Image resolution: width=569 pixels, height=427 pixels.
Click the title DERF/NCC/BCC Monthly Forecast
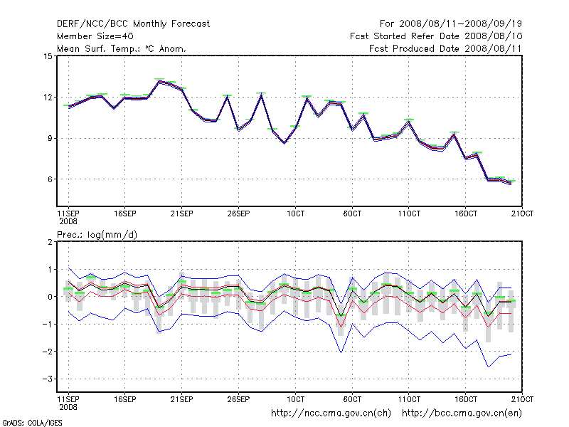pos(133,23)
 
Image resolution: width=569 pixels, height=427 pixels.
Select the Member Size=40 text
pos(95,36)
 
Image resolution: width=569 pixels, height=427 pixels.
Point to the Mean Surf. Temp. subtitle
pos(122,48)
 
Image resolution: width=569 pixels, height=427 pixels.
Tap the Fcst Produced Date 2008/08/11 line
pos(446,48)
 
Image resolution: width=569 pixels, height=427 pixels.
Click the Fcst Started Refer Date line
pos(436,36)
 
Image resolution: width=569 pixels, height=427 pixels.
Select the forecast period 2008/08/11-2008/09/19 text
pos(445,23)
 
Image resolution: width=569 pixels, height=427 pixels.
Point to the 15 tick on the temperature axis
pos(48,56)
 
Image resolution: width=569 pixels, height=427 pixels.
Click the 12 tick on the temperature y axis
pos(48,97)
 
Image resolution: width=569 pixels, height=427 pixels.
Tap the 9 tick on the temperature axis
pos(50,139)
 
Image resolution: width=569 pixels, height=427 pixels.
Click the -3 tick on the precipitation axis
pos(48,379)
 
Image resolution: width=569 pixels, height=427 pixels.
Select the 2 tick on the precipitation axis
pos(50,243)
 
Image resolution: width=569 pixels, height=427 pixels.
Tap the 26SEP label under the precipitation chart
pos(238,399)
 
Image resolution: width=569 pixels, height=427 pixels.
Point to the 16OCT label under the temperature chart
pos(466,213)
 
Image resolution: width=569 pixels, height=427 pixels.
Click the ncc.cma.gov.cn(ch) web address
pos(331,413)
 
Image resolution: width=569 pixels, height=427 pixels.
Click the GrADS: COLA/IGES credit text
pos(23,422)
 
